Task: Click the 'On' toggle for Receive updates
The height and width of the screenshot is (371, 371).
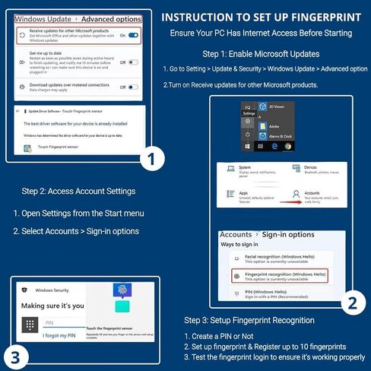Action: point(133,35)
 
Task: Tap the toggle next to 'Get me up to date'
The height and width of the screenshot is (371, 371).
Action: point(133,63)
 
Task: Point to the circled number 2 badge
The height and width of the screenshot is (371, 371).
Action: point(351,303)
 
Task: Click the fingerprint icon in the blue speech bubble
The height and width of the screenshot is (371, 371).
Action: point(122,290)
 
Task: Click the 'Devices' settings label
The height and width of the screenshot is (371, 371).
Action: point(311,167)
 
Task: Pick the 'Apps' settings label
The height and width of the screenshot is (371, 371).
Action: point(245,193)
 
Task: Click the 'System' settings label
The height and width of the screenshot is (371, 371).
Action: point(246,167)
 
